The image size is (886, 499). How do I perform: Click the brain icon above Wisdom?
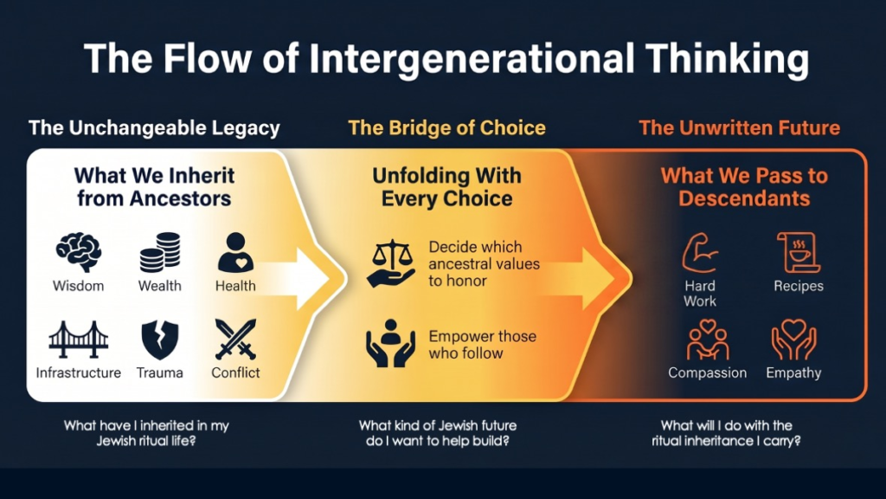pos(79,252)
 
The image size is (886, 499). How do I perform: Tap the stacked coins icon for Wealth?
pos(160,252)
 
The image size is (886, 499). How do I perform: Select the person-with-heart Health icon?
pos(235,252)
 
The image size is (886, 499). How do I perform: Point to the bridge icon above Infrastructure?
pos(79,340)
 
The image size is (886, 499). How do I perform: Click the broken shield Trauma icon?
pos(160,340)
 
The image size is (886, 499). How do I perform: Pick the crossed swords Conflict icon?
pos(235,340)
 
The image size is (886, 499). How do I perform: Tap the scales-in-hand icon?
pos(391,263)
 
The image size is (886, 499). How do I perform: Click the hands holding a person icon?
pos(390,343)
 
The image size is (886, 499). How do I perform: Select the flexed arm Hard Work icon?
pos(700,253)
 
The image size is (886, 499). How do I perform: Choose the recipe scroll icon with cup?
pos(799,252)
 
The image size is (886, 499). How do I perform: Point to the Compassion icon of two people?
pos(708,340)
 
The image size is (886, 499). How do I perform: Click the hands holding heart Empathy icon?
pos(794,340)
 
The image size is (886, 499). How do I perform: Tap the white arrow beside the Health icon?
pos(297,278)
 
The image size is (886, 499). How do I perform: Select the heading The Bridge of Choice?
pos(447,128)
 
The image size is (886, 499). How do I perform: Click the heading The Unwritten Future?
pos(739,128)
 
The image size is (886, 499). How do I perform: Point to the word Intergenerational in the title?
pos(472,59)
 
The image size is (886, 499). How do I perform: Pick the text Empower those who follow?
pos(483,345)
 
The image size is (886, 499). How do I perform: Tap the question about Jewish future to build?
pos(438,433)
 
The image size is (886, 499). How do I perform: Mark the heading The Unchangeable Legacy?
pos(154,128)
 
